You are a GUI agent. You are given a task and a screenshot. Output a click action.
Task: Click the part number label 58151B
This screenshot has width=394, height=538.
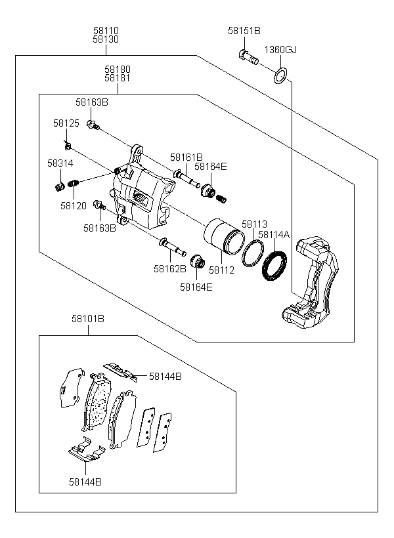(244, 31)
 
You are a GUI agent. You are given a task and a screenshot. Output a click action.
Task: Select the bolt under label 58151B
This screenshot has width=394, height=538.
(248, 58)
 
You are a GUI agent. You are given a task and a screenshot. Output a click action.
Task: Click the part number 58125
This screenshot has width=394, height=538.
(66, 123)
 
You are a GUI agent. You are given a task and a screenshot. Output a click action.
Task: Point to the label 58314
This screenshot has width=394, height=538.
(60, 163)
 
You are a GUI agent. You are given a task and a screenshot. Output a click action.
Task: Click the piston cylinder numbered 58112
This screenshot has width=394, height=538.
(224, 236)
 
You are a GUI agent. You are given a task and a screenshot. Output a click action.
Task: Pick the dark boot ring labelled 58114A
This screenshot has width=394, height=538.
(274, 265)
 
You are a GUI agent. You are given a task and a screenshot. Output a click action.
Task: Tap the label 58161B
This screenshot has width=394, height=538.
(186, 157)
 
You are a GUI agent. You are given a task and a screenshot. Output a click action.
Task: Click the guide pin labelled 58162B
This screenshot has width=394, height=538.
(173, 246)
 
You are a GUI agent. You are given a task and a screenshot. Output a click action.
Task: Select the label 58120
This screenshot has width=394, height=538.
(74, 206)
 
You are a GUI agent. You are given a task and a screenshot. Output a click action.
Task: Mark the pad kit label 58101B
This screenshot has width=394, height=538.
(88, 319)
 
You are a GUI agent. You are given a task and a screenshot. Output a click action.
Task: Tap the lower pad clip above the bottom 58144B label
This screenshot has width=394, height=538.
(87, 450)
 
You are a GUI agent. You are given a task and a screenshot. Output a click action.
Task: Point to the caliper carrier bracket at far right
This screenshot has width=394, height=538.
(310, 283)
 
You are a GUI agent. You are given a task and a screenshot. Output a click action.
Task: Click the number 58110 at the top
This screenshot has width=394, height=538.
(106, 31)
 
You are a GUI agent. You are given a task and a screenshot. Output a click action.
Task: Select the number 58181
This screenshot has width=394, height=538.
(118, 78)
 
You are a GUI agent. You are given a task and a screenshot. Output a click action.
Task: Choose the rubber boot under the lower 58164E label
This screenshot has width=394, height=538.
(197, 262)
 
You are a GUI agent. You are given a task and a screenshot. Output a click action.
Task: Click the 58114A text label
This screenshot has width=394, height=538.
(274, 235)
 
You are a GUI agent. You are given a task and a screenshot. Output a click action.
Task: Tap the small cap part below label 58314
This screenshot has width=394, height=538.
(60, 186)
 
